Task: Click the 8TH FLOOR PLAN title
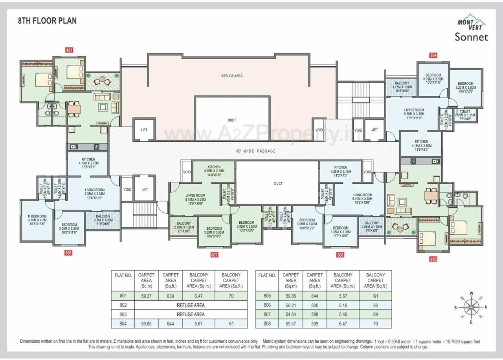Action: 47,21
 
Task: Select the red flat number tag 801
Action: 70,50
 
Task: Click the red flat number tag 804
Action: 433,55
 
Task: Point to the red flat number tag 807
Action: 214,255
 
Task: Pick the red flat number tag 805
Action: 433,259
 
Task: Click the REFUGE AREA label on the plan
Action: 231,76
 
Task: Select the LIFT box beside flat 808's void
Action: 145,190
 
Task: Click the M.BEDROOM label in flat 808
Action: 37,217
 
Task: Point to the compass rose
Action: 471,307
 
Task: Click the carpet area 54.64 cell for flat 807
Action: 291,314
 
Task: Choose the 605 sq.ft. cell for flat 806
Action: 314,305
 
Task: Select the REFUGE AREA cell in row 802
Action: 191,305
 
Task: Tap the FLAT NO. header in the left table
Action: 123,275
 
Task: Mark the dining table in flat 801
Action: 74,109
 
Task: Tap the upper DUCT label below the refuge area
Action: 232,120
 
